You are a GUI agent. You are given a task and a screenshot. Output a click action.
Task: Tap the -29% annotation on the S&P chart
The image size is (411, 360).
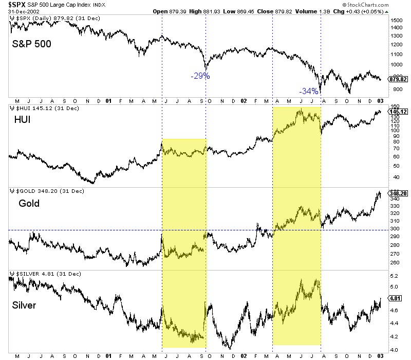[x=200, y=76]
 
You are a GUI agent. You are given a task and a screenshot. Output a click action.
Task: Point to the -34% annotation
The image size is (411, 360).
[x=309, y=92]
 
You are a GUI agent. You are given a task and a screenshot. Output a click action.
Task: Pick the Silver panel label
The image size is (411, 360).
[x=25, y=306]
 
